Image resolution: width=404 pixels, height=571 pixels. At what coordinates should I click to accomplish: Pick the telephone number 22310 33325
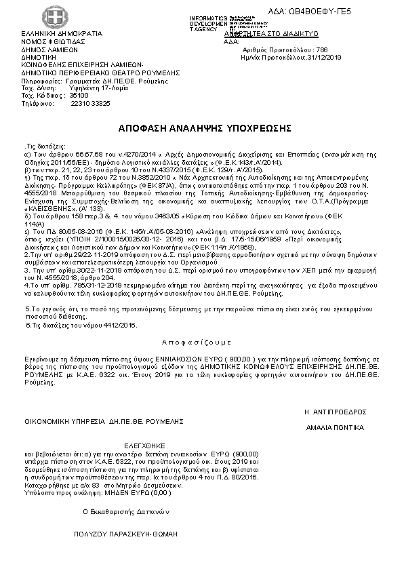click(90, 104)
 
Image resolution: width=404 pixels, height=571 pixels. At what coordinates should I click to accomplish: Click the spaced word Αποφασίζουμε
click(193, 342)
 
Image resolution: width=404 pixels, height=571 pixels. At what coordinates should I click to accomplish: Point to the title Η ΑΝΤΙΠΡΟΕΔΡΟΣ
click(335, 412)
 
